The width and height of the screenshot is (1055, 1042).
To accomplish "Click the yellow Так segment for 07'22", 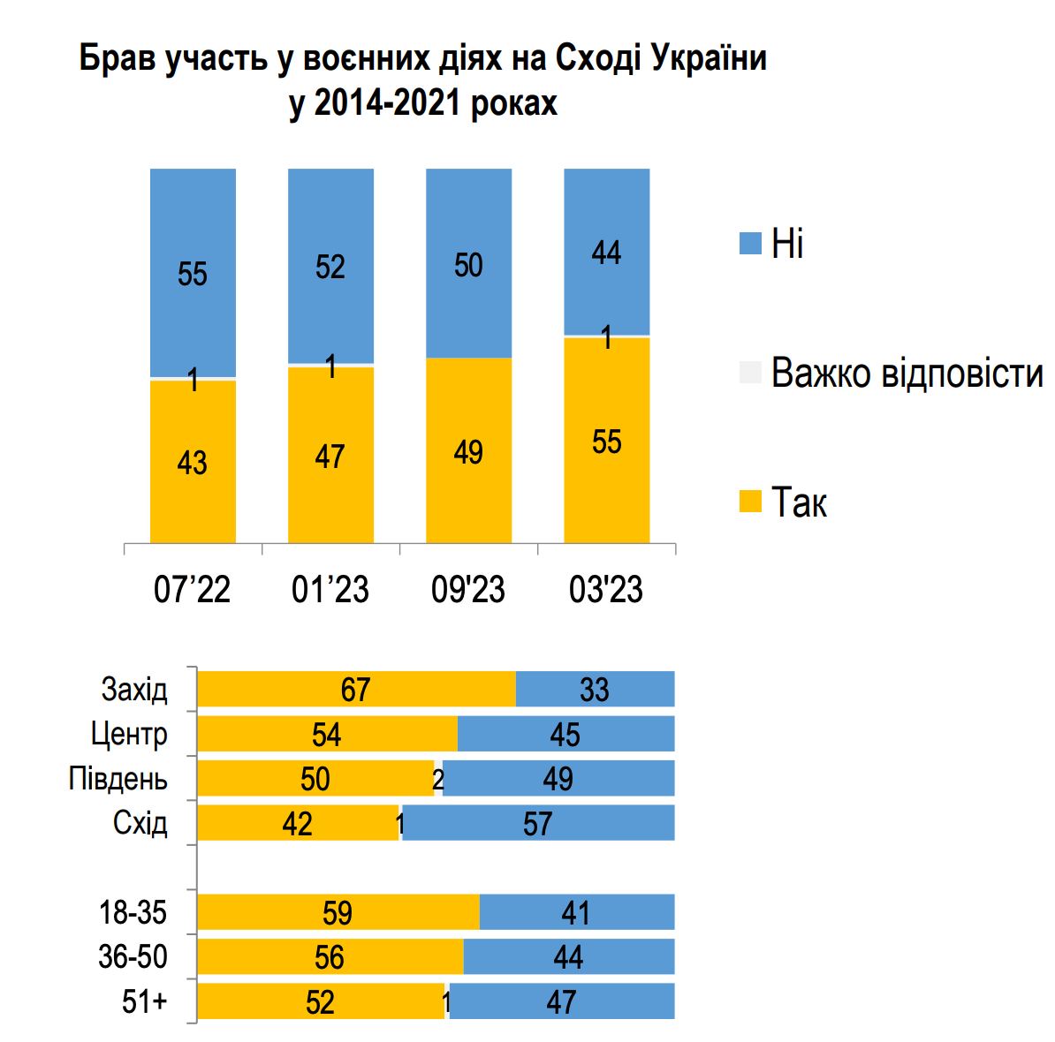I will [x=193, y=461].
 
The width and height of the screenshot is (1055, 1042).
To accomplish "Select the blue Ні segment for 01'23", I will [x=330, y=265].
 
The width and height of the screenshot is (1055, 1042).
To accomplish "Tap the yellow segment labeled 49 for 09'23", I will [x=468, y=450].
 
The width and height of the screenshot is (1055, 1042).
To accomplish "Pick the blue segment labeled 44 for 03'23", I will [x=606, y=252].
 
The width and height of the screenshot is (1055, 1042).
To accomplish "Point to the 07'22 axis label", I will [x=193, y=589].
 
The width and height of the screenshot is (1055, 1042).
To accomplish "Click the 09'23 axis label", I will [x=468, y=589].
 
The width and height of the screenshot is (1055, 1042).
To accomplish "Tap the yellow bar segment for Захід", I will [x=355, y=689].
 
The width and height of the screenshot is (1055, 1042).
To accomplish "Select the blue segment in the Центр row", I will [x=565, y=734].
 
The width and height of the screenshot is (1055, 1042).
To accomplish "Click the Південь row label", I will [x=118, y=779].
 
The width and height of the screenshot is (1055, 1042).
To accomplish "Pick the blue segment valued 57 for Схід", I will [x=538, y=823].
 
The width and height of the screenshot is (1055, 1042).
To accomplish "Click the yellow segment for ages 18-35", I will [x=338, y=912].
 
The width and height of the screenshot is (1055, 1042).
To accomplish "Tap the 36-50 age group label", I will [x=133, y=957].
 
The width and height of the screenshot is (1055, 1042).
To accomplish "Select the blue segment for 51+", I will [x=562, y=1002].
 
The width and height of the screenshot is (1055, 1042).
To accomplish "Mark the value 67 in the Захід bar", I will [x=355, y=689].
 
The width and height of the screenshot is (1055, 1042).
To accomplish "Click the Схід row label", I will [x=140, y=823].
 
